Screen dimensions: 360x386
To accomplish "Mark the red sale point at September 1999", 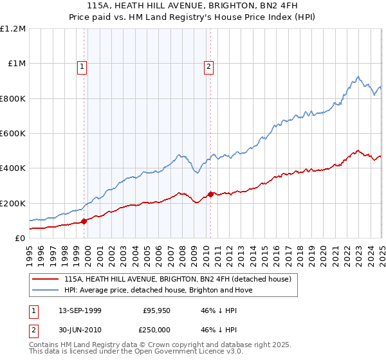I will [84, 221].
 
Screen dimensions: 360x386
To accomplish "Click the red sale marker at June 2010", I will [210, 194].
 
